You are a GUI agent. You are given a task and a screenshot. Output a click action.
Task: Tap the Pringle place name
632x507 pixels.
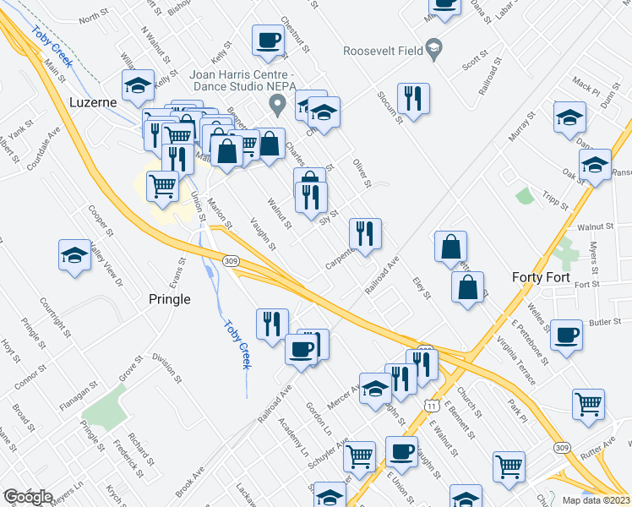169,298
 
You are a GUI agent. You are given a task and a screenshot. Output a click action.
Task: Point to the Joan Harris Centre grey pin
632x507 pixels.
276,106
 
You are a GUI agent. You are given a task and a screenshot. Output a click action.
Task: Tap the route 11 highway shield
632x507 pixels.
432,406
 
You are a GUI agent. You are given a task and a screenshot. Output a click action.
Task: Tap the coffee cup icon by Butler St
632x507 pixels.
566,335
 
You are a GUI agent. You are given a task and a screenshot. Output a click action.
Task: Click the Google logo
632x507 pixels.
28,498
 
